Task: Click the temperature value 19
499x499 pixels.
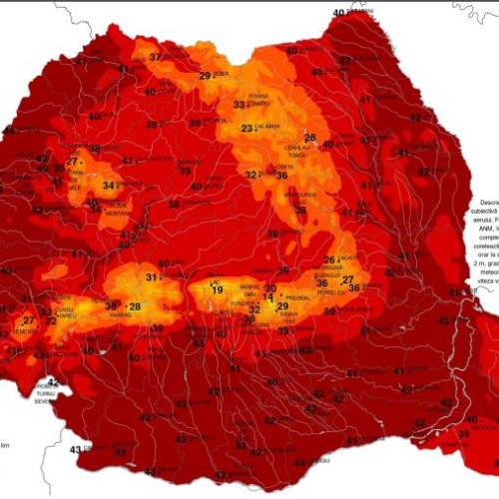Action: (218, 289)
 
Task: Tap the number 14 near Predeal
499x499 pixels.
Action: (267, 297)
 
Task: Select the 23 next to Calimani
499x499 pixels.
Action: (247, 129)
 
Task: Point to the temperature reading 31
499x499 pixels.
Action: (152, 276)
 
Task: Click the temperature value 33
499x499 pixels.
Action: (239, 105)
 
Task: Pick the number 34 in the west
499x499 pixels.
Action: (109, 186)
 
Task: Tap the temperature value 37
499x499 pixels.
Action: (155, 58)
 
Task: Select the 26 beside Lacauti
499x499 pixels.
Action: (329, 260)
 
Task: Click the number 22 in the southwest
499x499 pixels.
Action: (50, 320)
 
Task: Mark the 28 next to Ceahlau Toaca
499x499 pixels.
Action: (310, 138)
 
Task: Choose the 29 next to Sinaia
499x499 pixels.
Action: (282, 306)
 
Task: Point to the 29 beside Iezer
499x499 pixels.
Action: (205, 76)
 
